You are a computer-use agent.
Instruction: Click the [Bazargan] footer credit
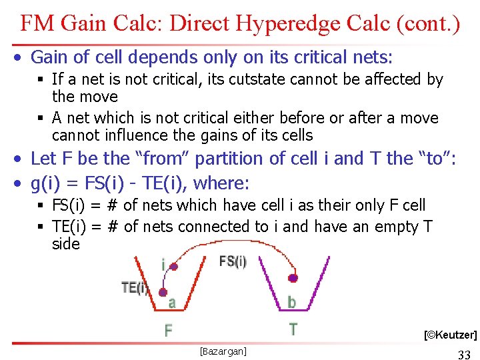(x=223, y=351)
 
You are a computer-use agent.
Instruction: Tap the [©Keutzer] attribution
(x=450, y=335)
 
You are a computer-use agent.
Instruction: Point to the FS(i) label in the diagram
(x=233, y=261)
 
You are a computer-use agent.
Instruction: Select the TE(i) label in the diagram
(x=135, y=288)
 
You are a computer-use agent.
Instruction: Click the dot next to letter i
(x=174, y=267)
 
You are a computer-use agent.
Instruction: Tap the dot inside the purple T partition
(x=293, y=278)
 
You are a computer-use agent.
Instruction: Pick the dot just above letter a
(x=163, y=291)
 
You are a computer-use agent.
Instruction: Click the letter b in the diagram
(x=291, y=303)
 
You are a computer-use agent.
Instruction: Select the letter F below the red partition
(x=168, y=330)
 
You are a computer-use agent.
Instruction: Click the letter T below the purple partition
(x=293, y=329)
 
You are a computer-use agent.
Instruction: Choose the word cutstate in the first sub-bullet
(x=255, y=79)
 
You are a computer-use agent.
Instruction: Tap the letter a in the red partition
(x=171, y=303)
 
